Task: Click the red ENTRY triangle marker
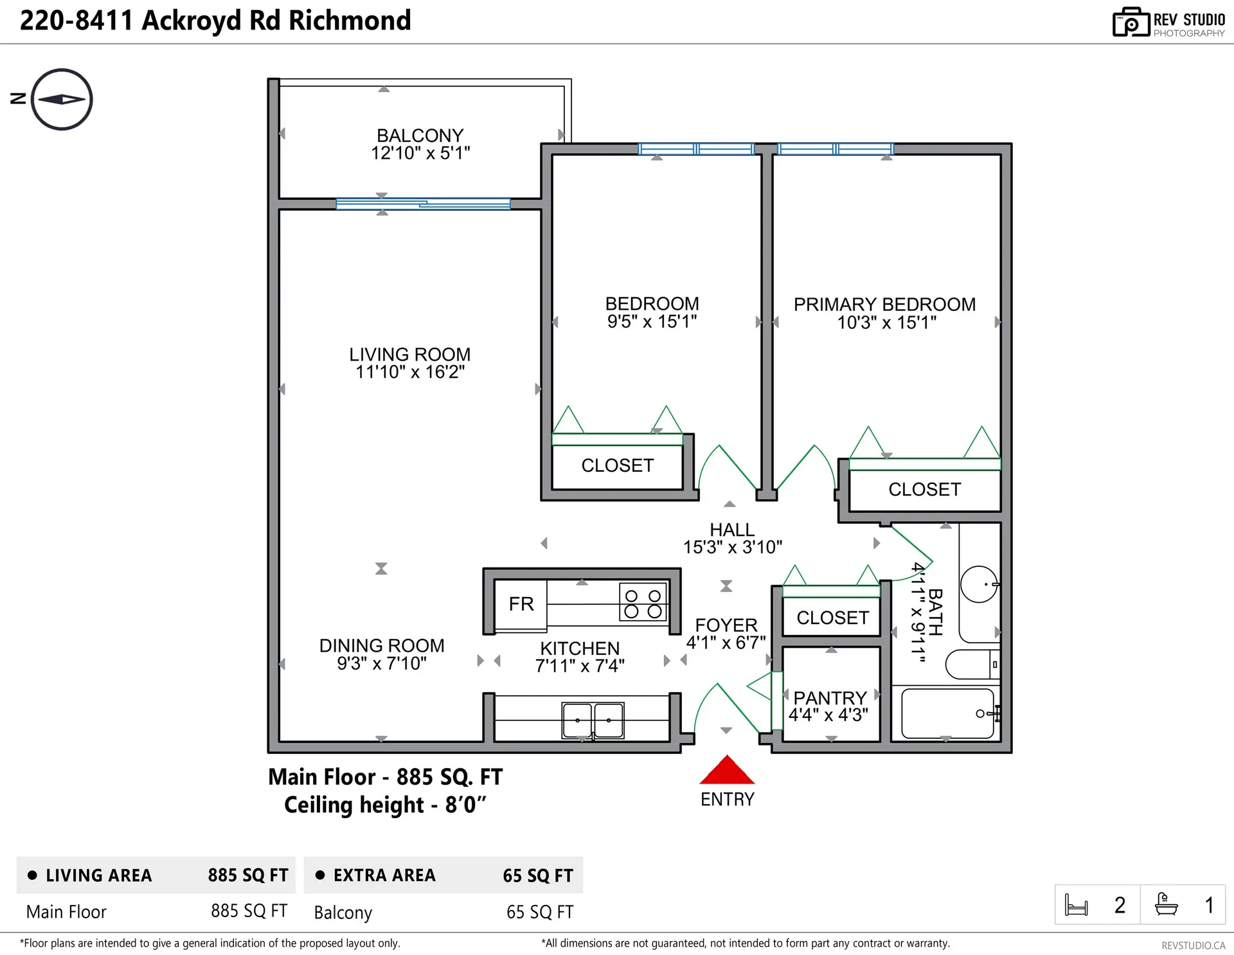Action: (x=726, y=771)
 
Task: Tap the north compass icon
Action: (x=62, y=100)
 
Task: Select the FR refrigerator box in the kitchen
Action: (x=521, y=604)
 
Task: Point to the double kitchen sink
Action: (x=593, y=720)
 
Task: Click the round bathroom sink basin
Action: (x=978, y=584)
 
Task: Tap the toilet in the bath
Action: (x=972, y=664)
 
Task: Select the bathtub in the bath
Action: (x=947, y=713)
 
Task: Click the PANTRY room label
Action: (x=830, y=698)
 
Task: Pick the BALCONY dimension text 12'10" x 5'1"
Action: (x=420, y=154)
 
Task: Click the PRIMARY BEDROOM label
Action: (x=884, y=305)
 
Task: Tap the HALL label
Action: (x=732, y=530)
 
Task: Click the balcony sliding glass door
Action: (x=423, y=204)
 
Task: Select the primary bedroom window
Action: (x=835, y=149)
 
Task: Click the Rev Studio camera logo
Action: (x=1131, y=22)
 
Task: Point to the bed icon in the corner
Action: (x=1076, y=905)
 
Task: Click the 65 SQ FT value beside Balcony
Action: (x=539, y=912)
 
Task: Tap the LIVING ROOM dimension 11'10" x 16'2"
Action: (x=410, y=372)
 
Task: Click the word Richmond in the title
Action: (x=350, y=21)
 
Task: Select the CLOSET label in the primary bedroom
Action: (x=924, y=490)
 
